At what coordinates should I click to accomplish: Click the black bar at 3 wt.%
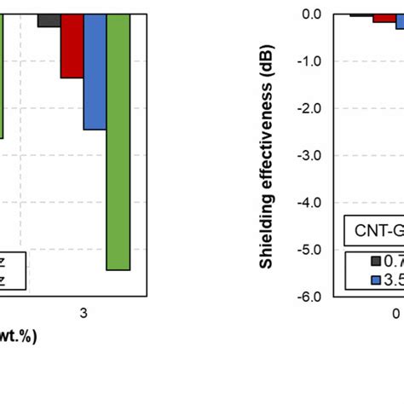pos(49,20)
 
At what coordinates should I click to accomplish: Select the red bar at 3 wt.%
pos(72,46)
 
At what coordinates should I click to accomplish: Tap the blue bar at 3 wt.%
pos(95,72)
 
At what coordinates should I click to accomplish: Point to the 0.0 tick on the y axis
pos(310,14)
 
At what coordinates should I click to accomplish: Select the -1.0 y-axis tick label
pos(309,61)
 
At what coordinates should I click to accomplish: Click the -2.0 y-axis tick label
pos(309,109)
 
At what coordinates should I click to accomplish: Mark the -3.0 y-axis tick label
pos(309,156)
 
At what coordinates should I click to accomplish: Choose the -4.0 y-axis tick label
pos(309,203)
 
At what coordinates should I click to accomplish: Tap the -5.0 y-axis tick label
pos(309,251)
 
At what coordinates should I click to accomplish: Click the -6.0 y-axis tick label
pos(309,297)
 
